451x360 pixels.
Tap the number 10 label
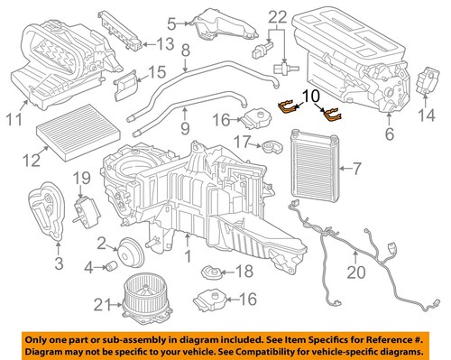pyautogui.click(x=310, y=94)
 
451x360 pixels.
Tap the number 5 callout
pyautogui.click(x=171, y=22)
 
